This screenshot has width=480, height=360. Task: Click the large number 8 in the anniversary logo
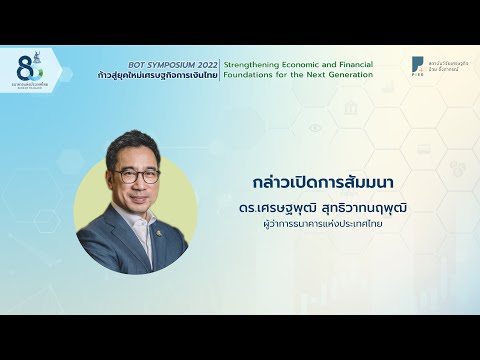click(x=23, y=68)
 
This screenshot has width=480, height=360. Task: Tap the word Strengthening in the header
click(x=252, y=61)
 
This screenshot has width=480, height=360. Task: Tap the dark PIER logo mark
click(x=417, y=65)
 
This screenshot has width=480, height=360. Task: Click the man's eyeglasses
click(x=135, y=174)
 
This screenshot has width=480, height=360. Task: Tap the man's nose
click(x=138, y=183)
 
